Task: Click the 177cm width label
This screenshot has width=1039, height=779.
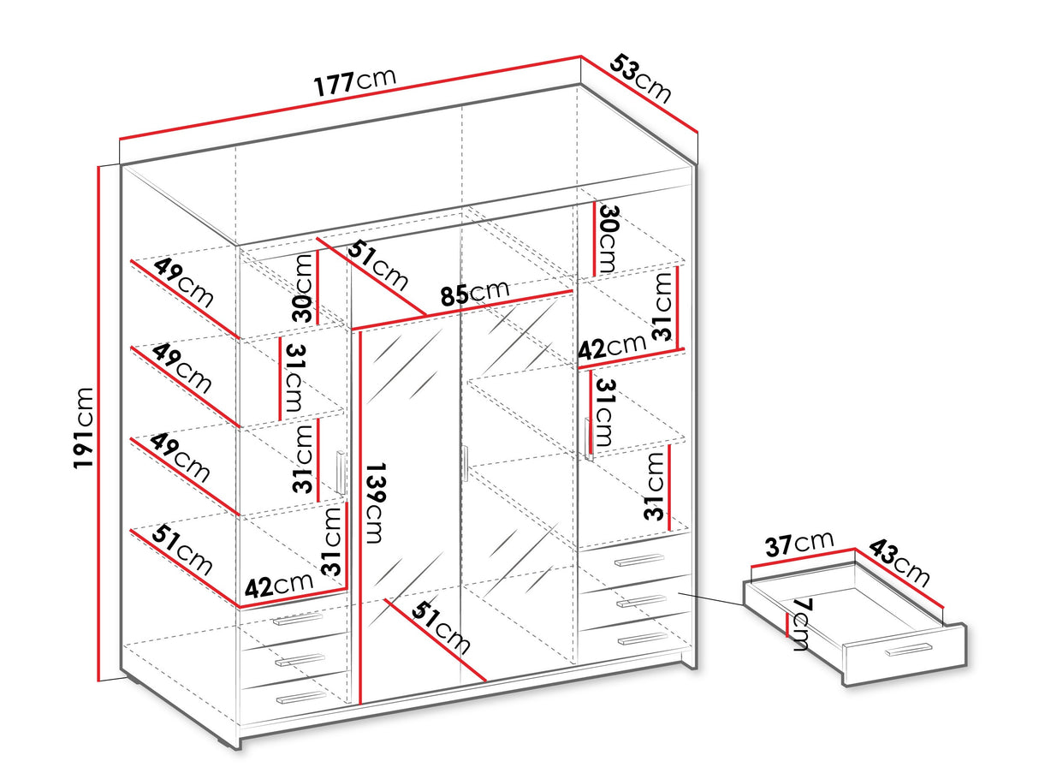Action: tap(354, 82)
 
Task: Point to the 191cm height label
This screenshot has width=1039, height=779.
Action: tap(84, 428)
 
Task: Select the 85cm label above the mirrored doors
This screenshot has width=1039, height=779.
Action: tap(475, 292)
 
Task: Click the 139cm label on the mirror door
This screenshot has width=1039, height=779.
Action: tap(375, 502)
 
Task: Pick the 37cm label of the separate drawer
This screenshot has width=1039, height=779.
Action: tap(799, 544)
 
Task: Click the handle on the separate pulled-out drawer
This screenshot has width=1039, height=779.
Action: tap(909, 650)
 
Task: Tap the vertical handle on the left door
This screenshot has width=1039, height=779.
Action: tap(341, 473)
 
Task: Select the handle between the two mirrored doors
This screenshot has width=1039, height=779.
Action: tap(466, 463)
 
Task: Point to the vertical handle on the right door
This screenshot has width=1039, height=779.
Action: tap(588, 438)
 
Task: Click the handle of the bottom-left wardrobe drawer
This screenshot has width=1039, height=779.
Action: tap(301, 697)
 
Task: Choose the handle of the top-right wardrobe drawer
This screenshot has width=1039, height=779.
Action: tap(639, 560)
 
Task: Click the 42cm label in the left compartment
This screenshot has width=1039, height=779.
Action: tap(279, 586)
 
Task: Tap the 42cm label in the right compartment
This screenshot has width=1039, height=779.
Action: tap(612, 347)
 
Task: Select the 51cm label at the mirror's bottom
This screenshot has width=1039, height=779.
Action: tap(441, 627)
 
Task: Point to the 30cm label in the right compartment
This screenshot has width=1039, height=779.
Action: tap(608, 239)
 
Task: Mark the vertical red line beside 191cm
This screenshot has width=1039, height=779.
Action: tap(98, 424)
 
